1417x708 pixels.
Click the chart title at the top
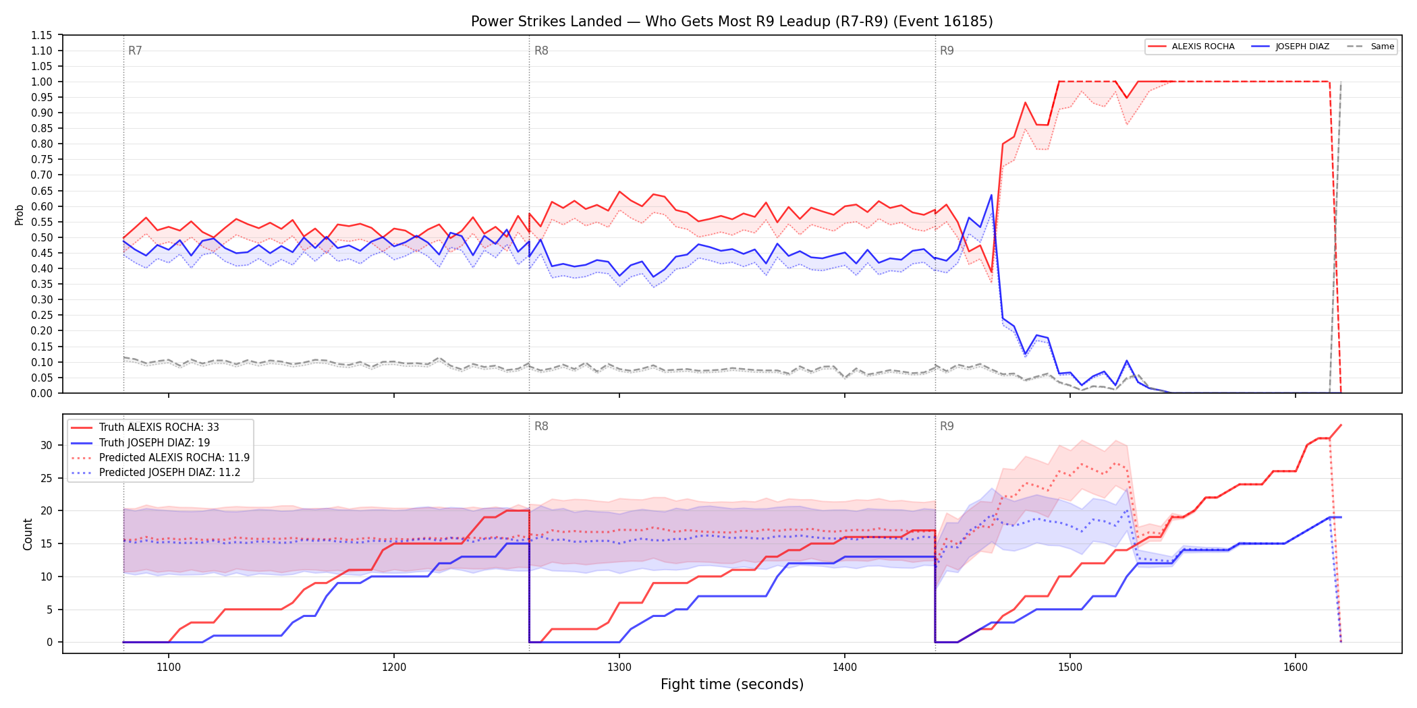732,22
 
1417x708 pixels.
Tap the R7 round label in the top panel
135,51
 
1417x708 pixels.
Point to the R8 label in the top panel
541,51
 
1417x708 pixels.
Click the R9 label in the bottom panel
947,426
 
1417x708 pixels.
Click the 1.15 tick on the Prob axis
42,35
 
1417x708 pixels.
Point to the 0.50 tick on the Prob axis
42,237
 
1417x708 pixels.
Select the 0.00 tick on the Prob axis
42,393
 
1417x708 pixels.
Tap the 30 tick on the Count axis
47,445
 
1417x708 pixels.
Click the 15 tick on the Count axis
47,543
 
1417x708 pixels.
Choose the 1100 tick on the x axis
169,667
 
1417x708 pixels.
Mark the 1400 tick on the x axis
845,667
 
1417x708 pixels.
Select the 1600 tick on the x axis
1296,667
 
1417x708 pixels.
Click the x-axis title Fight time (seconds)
732,684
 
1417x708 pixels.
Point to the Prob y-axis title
20,214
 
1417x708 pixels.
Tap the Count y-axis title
28,534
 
